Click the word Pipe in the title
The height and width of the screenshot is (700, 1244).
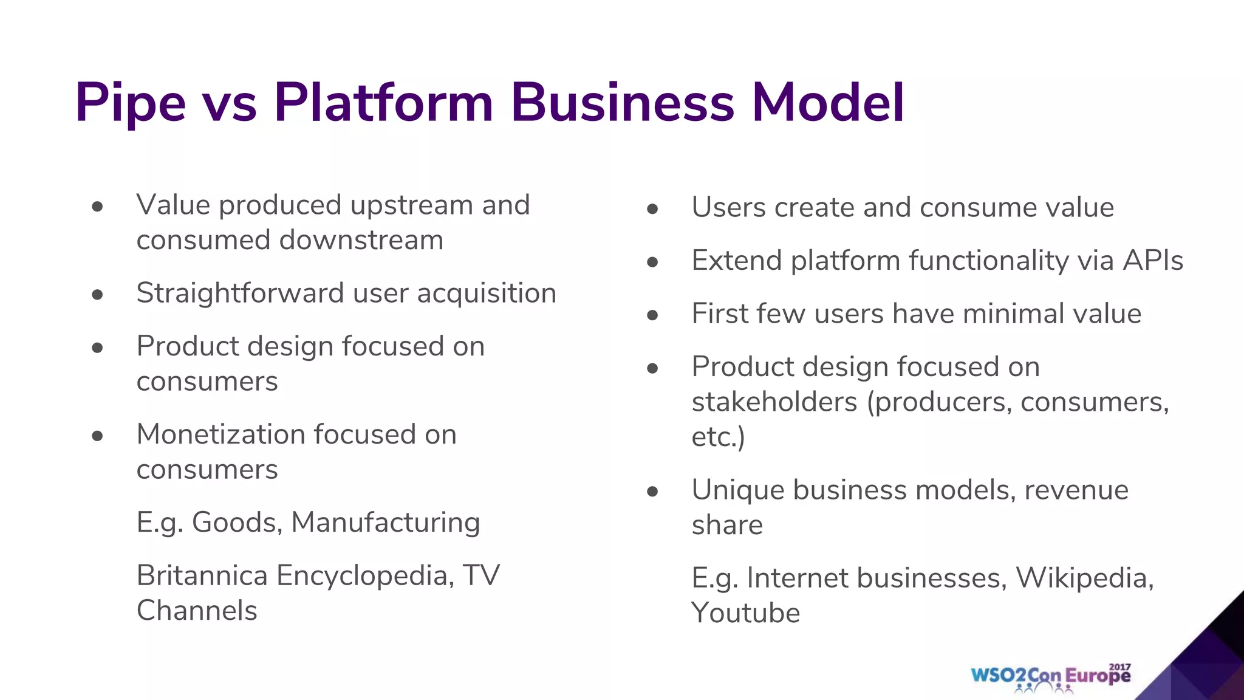click(130, 103)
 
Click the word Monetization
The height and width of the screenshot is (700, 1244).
click(220, 434)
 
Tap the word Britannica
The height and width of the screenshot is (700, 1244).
click(202, 575)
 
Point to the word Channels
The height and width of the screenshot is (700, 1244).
click(197, 611)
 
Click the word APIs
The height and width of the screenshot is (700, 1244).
click(1152, 261)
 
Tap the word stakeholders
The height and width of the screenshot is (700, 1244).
click(774, 402)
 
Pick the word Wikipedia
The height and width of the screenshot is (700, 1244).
click(1084, 578)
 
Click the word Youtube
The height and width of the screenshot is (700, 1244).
click(745, 612)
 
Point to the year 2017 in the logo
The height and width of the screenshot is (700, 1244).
click(1119, 667)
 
